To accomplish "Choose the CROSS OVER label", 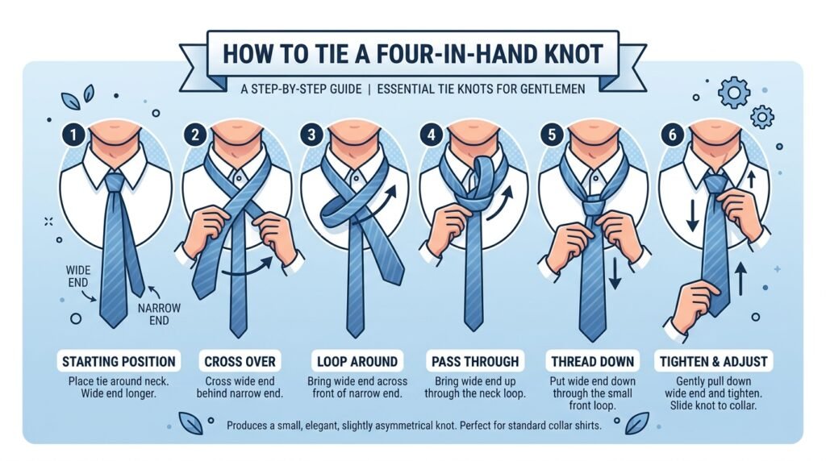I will pos(239,360).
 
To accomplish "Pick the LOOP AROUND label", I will pos(358,360).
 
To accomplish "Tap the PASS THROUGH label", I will pos(476,360).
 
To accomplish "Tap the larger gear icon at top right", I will pos(733,93).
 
